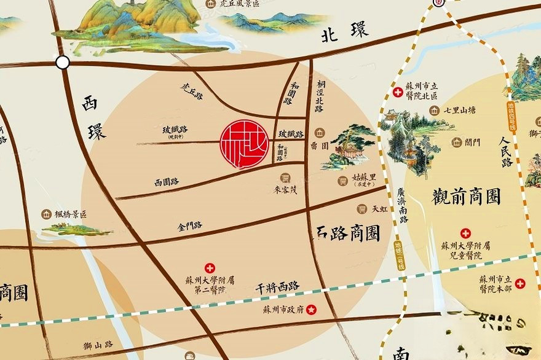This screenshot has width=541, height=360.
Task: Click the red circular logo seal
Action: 244,144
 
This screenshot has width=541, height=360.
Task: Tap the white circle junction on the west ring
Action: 62,62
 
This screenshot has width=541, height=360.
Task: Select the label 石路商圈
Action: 348,233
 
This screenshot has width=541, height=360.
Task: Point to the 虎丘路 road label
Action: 191,92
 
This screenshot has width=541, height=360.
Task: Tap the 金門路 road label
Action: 189,226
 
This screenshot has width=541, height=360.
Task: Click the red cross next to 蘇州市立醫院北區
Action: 398,92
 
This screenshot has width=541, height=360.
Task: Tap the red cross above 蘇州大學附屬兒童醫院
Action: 465,233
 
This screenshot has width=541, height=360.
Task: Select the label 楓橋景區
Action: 71,214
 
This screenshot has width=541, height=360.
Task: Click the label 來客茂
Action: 285,190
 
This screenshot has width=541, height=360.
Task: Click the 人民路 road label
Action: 507,153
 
